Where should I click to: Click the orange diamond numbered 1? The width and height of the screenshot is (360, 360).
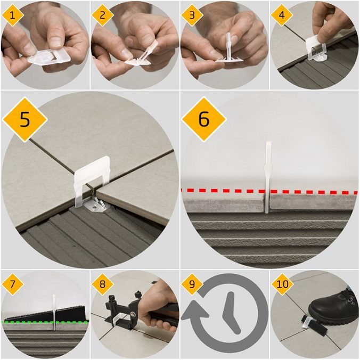coord(12,15)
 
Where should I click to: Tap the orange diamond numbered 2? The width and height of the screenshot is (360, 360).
coord(102,15)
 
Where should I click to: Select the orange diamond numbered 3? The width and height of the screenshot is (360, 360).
coord(192,15)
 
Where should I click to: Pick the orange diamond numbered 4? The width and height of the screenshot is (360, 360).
coord(282,15)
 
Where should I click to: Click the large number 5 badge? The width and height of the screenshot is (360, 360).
coord(25,119)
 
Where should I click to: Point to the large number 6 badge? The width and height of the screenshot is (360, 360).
coord(204,119)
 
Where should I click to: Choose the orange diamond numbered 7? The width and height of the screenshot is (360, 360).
coord(12,284)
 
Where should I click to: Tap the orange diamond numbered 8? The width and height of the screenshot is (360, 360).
coord(102,284)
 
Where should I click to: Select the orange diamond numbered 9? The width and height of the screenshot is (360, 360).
coord(192,284)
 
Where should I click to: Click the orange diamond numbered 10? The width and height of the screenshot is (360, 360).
coord(282,284)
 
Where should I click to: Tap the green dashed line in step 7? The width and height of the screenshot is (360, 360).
coord(45,322)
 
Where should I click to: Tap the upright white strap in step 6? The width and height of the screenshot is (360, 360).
coord(268,177)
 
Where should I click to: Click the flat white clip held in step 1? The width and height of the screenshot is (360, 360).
coord(48,58)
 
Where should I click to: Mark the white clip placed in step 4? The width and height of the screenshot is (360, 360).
coord(316,48)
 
